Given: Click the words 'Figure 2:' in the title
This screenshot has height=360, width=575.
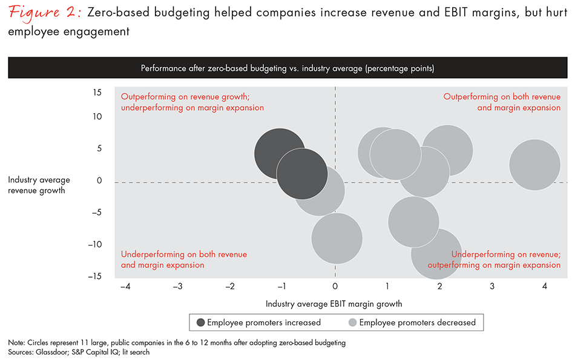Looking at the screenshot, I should [x=44, y=13].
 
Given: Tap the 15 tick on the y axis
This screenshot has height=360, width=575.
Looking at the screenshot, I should [x=97, y=93].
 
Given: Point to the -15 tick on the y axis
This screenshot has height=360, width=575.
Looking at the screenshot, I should [x=95, y=277].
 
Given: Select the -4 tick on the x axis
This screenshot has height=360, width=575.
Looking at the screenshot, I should [x=125, y=286].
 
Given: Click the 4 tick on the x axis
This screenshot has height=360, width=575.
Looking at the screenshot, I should [x=545, y=286].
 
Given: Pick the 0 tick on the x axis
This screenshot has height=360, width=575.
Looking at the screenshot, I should [x=335, y=286].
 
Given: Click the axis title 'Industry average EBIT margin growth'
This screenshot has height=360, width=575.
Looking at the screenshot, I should [x=333, y=303].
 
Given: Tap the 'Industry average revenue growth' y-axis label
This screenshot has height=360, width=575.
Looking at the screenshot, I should [x=39, y=185].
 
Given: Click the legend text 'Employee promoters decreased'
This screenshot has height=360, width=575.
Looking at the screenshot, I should [x=417, y=322].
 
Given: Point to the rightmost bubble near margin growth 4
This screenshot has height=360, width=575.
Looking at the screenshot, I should [x=534, y=165].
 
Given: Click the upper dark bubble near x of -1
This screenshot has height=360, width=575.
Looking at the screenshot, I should [x=280, y=154].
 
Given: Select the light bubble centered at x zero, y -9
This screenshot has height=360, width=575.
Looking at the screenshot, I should [x=337, y=238].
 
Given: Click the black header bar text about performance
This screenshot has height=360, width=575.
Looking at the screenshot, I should [x=287, y=68].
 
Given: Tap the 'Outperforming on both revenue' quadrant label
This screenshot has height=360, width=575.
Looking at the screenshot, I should [x=502, y=97].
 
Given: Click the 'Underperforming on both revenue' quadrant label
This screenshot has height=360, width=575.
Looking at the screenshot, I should [x=184, y=255].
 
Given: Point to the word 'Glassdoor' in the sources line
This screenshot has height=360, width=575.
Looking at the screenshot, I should [x=57, y=352].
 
